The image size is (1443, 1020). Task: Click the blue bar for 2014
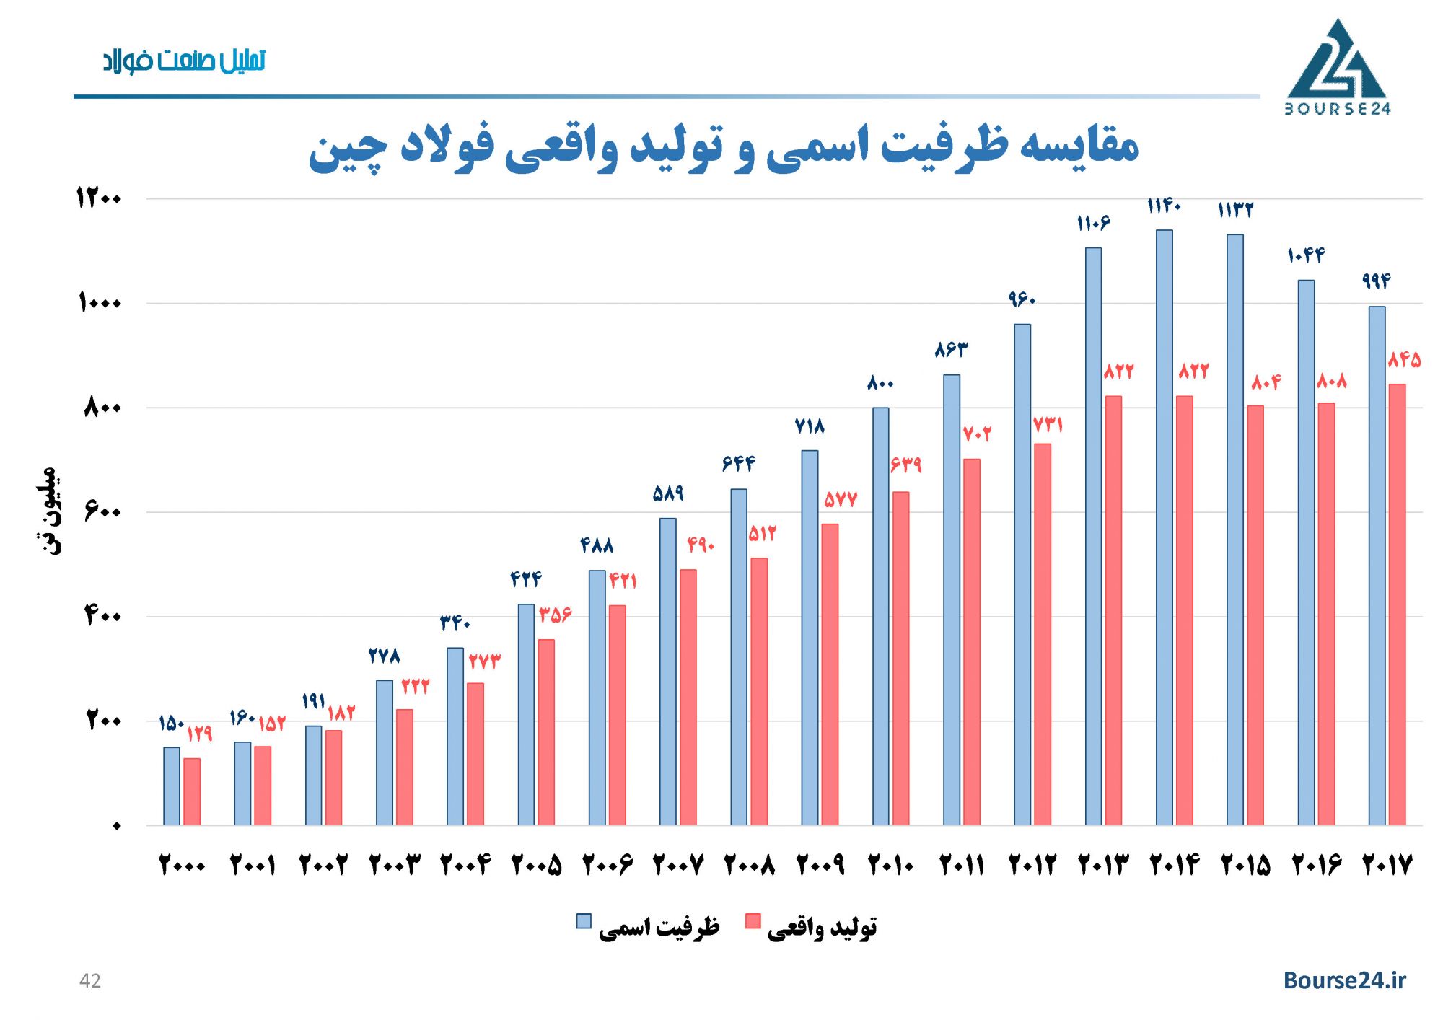coord(1164,527)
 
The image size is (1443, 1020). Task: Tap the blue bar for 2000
coord(171,786)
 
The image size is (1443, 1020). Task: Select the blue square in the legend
coord(584,921)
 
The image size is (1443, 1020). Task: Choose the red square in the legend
coord(753,921)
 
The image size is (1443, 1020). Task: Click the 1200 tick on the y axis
coord(100,198)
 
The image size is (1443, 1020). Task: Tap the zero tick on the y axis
coord(116,826)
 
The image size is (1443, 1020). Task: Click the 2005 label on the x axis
coord(536,864)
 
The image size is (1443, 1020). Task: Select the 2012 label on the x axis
coord(1032,864)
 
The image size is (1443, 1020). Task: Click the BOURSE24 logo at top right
coord(1337,68)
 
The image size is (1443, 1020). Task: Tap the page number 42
coord(89,981)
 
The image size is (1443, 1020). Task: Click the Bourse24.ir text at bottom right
coord(1344,980)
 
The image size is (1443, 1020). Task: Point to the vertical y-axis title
coord(48,511)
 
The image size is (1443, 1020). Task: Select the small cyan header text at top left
coord(184,61)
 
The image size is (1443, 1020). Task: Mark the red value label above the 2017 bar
coord(1404,359)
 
